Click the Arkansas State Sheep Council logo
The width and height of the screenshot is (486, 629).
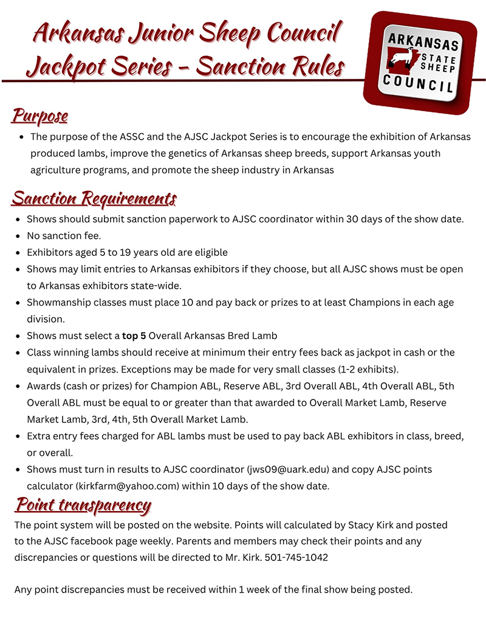[x=420, y=63]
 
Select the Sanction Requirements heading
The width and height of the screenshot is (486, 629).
[x=94, y=198]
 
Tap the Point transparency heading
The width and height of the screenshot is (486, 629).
[x=83, y=504]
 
